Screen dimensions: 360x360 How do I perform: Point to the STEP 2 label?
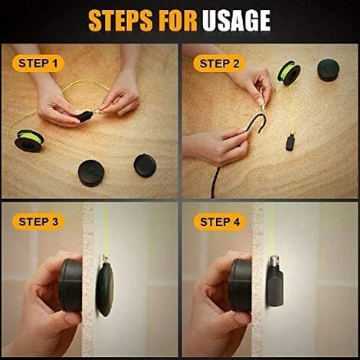point(220,63)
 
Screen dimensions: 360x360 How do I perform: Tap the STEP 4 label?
point(220,222)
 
